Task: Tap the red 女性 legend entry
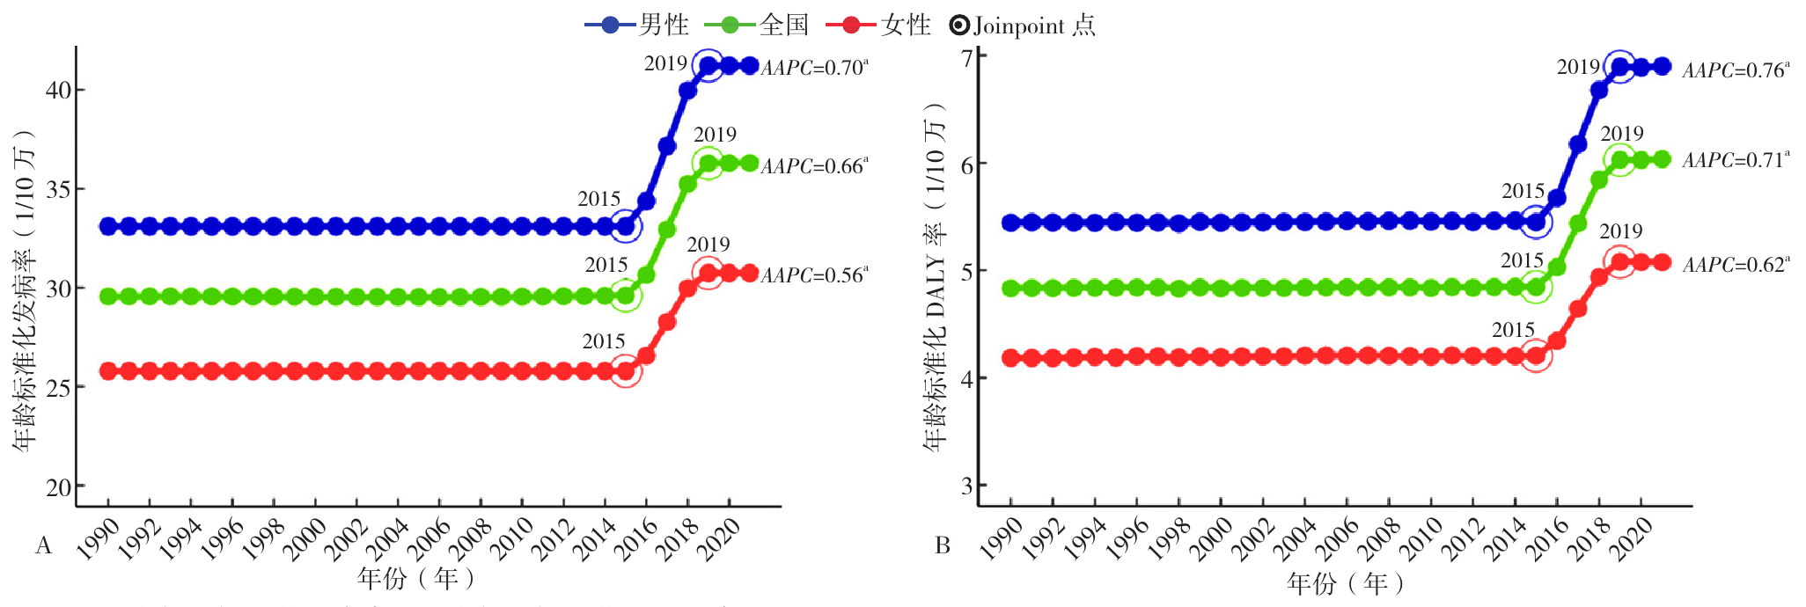pos(879,25)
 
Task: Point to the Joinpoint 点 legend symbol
pos(959,26)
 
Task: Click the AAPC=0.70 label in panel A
pos(814,68)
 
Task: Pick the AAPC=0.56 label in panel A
pos(814,275)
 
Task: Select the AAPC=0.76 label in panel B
pos(1736,70)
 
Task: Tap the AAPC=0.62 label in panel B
pos(1736,265)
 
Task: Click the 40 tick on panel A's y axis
pos(59,90)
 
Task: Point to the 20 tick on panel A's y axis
pos(59,486)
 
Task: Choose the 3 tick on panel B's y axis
pos(968,486)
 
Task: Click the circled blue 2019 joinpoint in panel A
pos(708,65)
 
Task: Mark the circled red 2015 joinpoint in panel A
pos(626,371)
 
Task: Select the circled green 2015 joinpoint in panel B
pos(1537,287)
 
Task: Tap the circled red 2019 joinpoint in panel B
pos(1620,261)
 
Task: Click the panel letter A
pos(43,546)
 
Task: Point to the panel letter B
pos(943,546)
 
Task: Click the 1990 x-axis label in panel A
pos(99,538)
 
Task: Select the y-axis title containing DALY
pos(936,277)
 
